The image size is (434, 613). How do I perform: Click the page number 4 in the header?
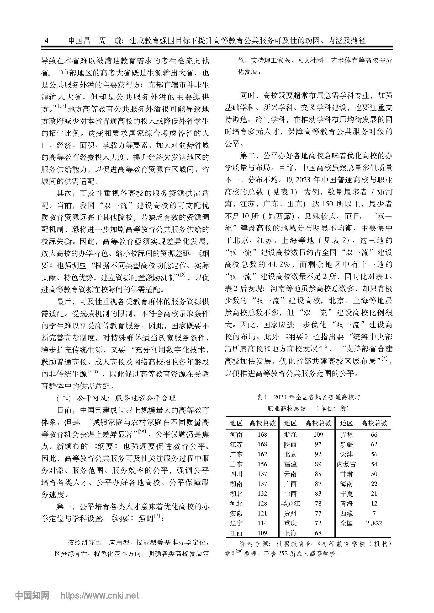tap(47, 41)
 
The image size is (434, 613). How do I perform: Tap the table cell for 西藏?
tap(346, 513)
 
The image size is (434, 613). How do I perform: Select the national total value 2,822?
tap(374, 523)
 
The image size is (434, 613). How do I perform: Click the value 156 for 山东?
tap(262, 464)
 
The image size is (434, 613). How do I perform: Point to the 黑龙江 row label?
tap(290, 503)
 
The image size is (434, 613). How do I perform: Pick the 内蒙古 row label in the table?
tap(346, 464)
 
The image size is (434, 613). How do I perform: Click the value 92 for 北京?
tap(318, 454)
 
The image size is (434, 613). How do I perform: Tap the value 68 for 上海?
tap(318, 533)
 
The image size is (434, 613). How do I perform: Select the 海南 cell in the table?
tap(346, 484)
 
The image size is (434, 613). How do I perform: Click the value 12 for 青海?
tap(374, 503)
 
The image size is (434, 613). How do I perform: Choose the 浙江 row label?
tap(290, 434)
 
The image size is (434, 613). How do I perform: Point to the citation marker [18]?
tap(96, 371)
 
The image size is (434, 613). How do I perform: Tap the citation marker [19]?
tap(142, 431)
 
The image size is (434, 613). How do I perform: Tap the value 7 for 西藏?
tap(374, 513)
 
